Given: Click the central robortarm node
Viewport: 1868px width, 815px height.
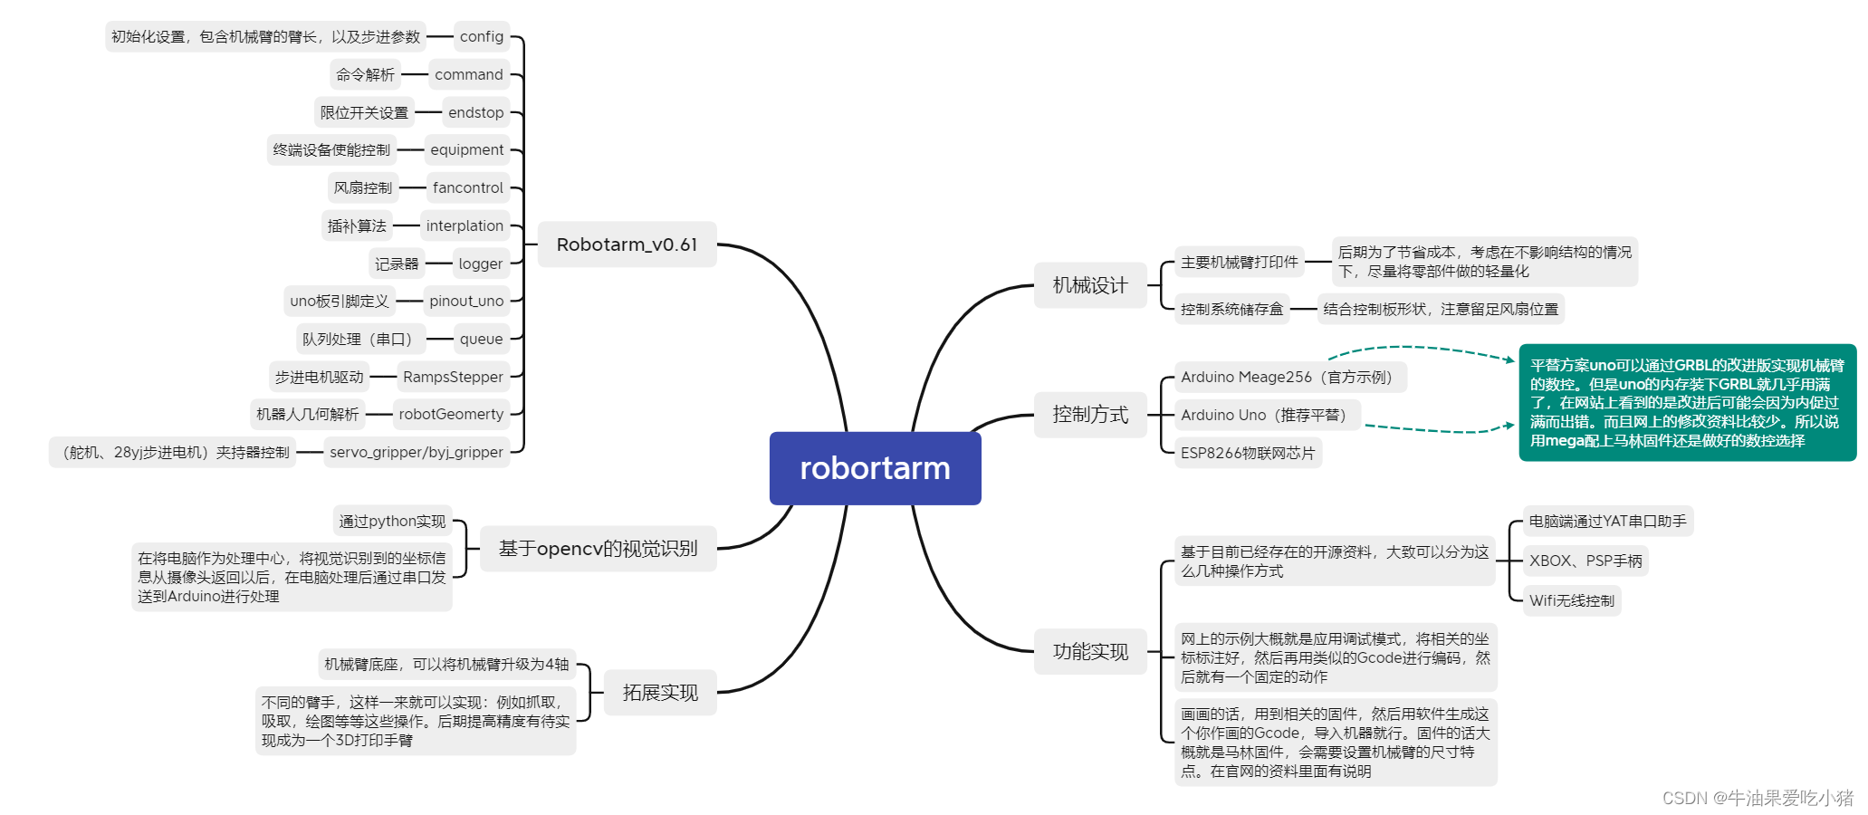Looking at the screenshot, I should click(875, 468).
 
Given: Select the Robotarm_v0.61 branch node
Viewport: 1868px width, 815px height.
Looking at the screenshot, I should click(627, 244).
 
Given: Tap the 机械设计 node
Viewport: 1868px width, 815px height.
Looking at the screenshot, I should click(1090, 285).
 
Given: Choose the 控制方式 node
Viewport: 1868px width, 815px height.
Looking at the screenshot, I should click(1090, 415).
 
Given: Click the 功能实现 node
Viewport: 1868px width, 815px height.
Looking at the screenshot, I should click(1090, 651).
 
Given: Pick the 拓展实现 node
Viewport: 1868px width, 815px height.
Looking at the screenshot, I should click(660, 693).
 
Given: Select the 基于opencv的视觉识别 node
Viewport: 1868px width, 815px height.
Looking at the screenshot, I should click(598, 549).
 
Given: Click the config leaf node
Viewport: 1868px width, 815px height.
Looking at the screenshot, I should click(481, 37).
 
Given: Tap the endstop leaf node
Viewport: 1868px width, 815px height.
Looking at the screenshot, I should click(475, 112).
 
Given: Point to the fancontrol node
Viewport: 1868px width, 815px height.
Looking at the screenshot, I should click(467, 187).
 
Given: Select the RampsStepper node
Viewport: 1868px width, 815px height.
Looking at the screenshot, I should click(453, 377).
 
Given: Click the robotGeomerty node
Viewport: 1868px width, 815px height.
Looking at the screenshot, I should click(451, 414).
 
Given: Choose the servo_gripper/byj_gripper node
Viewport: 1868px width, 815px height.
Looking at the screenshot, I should click(416, 452).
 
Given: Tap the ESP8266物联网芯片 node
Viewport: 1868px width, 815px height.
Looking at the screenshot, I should click(1248, 453).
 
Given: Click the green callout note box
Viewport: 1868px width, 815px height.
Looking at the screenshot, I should click(1687, 402).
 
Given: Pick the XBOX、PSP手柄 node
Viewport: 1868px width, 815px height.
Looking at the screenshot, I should click(1585, 561).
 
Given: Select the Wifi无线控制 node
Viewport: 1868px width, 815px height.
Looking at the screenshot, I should click(1572, 600).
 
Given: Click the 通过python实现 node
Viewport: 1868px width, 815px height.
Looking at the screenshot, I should click(392, 521).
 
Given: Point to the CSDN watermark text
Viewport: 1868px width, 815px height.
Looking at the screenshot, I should click(1758, 798).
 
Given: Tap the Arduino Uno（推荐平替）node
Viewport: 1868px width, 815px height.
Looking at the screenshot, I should click(1267, 415).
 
